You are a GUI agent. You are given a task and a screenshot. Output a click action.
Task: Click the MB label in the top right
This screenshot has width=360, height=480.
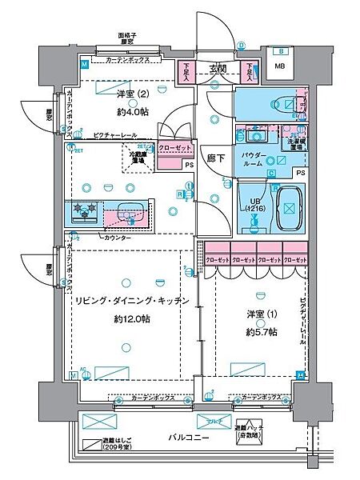[x=279, y=66]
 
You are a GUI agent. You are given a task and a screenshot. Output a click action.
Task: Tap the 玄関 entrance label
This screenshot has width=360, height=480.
[x=218, y=68]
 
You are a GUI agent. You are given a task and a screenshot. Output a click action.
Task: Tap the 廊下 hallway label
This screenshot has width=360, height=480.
[x=214, y=158]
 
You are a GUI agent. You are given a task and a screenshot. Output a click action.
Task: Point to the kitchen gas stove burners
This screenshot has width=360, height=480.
[x=85, y=211]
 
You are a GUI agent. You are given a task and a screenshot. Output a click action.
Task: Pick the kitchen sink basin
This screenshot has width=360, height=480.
[x=128, y=212]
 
